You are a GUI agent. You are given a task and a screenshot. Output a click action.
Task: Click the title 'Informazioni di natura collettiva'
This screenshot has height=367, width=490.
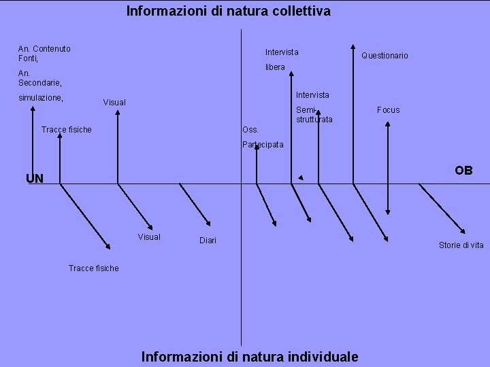click(x=229, y=11)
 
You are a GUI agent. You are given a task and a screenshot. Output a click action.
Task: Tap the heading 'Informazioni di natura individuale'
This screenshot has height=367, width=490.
click(x=249, y=356)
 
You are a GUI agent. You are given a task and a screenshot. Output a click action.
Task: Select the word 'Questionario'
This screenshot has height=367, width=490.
click(x=385, y=56)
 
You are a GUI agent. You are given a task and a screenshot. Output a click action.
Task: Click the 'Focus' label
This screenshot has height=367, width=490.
click(x=389, y=110)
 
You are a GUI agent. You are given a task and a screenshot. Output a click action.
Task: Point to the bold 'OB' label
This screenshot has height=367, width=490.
click(x=463, y=171)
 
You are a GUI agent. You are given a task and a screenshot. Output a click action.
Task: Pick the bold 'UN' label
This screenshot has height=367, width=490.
click(x=35, y=179)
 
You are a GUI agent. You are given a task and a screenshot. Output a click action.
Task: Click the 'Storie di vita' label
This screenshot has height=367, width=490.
click(x=461, y=245)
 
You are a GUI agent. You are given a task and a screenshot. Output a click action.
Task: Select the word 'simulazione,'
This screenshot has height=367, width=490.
click(x=41, y=99)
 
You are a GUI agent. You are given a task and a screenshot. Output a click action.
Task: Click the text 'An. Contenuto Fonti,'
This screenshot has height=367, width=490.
click(x=44, y=54)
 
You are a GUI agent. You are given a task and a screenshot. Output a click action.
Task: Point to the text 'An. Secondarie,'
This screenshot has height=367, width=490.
click(x=40, y=78)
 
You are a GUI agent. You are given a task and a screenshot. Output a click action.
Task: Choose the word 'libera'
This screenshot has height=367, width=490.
click(x=275, y=67)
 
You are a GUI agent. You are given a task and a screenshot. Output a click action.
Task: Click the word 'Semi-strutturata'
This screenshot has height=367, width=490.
click(x=314, y=115)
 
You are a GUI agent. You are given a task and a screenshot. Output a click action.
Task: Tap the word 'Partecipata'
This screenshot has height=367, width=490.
click(x=263, y=145)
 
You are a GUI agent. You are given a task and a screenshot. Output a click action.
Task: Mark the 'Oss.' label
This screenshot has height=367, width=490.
click(x=250, y=130)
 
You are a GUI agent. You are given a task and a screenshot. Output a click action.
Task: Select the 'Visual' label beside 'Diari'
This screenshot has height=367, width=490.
click(x=149, y=237)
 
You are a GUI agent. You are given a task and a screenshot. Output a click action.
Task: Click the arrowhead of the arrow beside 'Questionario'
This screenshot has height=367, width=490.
click(x=353, y=49)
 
